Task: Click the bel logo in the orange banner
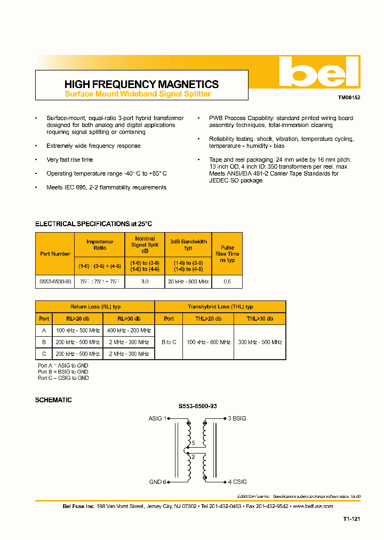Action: pos(319,73)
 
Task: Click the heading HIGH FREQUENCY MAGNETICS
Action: pos(141,84)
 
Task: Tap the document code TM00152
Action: pos(349,98)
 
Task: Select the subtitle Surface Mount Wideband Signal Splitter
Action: pos(138,94)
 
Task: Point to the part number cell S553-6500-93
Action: pos(55,282)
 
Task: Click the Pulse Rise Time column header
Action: pos(227,254)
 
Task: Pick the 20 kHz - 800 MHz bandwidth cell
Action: pos(188,282)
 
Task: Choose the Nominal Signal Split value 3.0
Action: pos(145,282)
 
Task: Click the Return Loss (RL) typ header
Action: pos(95,307)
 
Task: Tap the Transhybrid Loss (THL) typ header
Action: pos(220,307)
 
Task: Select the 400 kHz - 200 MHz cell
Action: pos(129,330)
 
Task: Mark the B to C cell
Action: pos(169,342)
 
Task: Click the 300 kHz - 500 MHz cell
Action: pos(260,342)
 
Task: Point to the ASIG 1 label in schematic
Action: pos(157,419)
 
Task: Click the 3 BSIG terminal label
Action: pos(237,419)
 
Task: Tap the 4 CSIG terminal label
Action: pos(237,482)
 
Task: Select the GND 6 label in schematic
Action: pos(158,482)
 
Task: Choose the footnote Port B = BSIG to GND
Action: pos(63,372)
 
